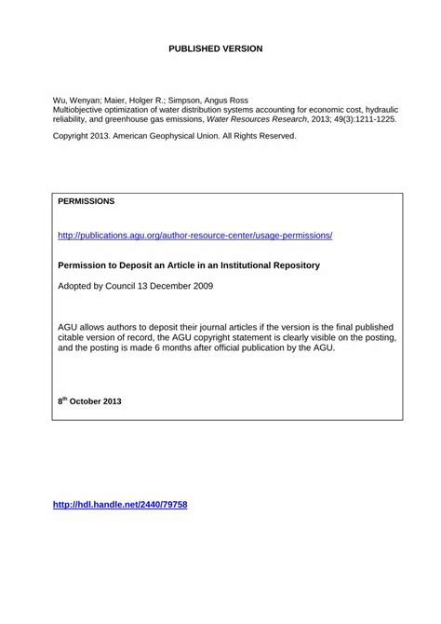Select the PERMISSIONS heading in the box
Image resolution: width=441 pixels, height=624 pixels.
87,200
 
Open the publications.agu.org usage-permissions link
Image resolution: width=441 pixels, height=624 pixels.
194,236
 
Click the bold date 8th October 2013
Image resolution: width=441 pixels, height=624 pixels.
89,401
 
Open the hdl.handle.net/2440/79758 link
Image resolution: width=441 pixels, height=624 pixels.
121,504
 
